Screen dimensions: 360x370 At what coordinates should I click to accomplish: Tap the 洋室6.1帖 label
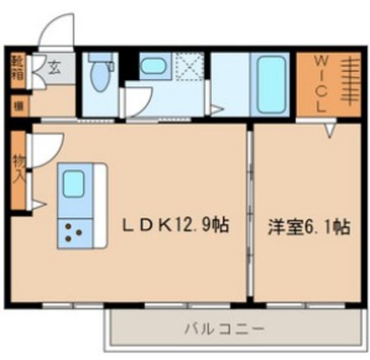(x=308, y=227)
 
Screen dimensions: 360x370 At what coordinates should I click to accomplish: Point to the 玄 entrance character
(x=53, y=67)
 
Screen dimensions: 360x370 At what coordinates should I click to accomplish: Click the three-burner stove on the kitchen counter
(x=73, y=231)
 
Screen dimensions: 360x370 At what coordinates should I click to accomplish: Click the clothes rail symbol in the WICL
(x=349, y=84)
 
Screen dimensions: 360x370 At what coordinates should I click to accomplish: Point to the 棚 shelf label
(x=18, y=106)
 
